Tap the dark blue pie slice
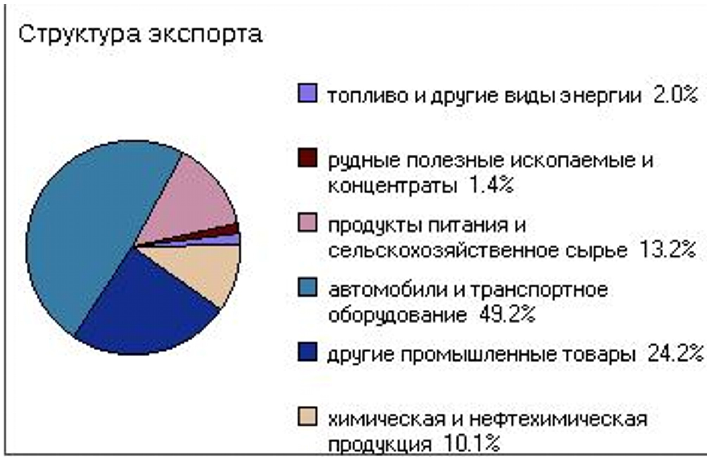(141, 306)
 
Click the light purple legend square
(307, 93)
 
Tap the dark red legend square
(307, 158)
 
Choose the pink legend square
(307, 222)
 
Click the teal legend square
(307, 287)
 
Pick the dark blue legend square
(307, 352)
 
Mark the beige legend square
(307, 416)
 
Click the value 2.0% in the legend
(675, 95)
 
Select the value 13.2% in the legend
(667, 249)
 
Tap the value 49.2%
(507, 314)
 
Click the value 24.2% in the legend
(675, 353)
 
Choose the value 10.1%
(472, 443)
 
